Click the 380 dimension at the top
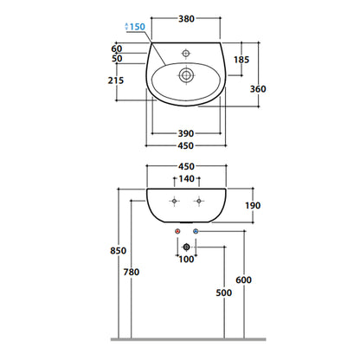186,19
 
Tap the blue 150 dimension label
137,27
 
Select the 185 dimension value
241,60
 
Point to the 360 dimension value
258,89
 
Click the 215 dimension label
116,80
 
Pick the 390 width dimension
186,133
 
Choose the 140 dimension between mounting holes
187,179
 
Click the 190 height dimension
253,206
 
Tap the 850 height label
119,251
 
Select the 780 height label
132,272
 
